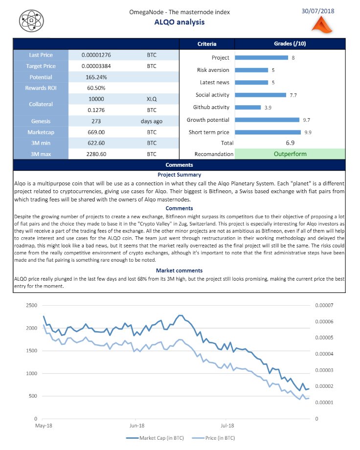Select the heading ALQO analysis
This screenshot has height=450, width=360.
180,22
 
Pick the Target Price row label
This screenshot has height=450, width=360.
41,66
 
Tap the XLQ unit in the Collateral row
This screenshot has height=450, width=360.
152,99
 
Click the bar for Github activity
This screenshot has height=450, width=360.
247,107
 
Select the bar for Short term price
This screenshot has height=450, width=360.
268,132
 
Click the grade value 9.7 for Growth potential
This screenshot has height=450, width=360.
307,120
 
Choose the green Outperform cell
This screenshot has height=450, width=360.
290,154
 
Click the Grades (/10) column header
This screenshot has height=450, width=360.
290,44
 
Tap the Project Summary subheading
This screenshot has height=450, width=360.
179,175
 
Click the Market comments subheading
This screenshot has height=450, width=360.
179,270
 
